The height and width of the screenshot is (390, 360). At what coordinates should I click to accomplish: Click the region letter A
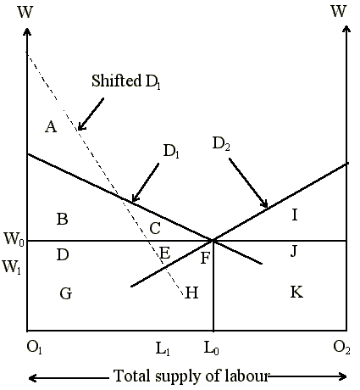(51, 126)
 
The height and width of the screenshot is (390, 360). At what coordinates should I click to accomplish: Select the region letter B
(63, 219)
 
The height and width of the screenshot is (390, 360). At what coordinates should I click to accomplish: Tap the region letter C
(155, 228)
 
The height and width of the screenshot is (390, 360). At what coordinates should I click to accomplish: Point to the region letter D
(63, 254)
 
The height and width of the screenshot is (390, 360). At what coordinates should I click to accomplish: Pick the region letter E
(165, 253)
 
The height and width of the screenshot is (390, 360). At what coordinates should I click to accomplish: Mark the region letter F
(205, 258)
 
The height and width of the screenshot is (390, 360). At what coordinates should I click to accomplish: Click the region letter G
(66, 293)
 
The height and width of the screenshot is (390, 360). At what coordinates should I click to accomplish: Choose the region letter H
(191, 292)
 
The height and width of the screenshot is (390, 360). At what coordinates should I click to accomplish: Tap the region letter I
(295, 214)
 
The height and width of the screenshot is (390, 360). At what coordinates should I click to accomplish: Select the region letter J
(294, 251)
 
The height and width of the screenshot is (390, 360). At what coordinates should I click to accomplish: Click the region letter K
(296, 292)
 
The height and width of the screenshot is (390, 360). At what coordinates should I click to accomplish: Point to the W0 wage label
(14, 239)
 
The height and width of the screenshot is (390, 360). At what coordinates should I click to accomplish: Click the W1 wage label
(12, 267)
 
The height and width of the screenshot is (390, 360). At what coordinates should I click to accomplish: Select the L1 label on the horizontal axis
(163, 348)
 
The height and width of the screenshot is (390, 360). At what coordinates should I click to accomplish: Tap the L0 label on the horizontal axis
(212, 348)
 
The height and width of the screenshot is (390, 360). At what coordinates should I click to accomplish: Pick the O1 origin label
(34, 348)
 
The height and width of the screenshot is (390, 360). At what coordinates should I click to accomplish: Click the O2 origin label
(341, 348)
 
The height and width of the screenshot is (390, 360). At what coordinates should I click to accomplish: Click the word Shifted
(117, 81)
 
